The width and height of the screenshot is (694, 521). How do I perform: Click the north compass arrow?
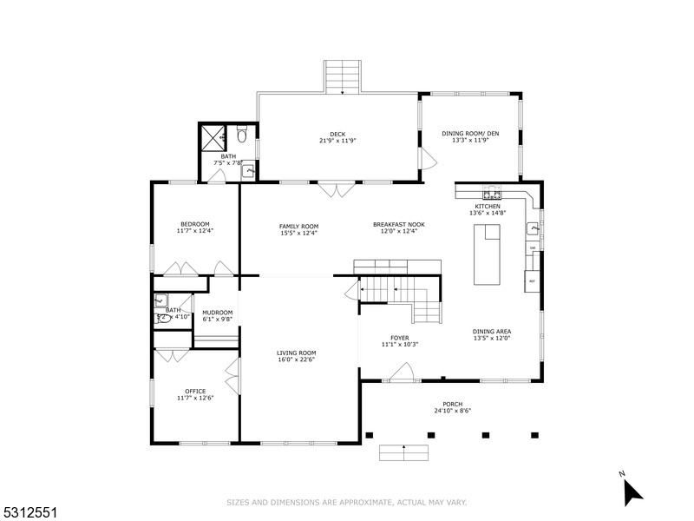pyautogui.click(x=632, y=491)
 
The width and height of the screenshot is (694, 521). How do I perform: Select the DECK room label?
pyautogui.click(x=337, y=134)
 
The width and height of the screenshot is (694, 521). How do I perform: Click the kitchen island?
pyautogui.click(x=487, y=253)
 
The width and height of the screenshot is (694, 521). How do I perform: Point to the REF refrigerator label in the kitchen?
pyautogui.click(x=532, y=281)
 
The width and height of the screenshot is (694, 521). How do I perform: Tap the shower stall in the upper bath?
pyautogui.click(x=213, y=138)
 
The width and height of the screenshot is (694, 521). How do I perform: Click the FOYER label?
pyautogui.click(x=400, y=338)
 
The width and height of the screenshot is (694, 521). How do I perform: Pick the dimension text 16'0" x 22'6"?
pyautogui.click(x=297, y=359)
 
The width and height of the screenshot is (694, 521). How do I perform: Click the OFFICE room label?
pyautogui.click(x=194, y=391)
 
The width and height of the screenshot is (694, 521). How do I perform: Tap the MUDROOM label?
pyautogui.click(x=217, y=313)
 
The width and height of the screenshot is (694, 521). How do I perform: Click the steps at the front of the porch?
pyautogui.click(x=404, y=452)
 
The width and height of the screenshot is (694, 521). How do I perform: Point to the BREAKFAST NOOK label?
pyautogui.click(x=399, y=225)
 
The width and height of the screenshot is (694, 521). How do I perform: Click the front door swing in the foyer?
pyautogui.click(x=401, y=373)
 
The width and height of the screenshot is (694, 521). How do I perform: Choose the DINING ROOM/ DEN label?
pyautogui.click(x=471, y=133)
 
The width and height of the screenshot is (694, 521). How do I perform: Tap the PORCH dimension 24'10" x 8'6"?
pyautogui.click(x=452, y=411)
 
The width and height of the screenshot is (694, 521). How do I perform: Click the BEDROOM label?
pyautogui.click(x=194, y=225)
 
